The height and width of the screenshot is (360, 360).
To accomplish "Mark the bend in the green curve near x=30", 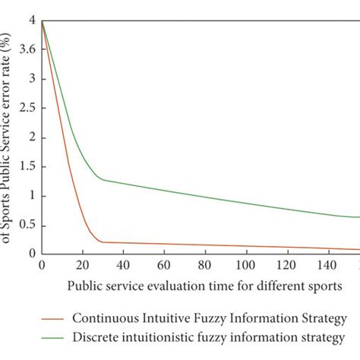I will pyautogui.click(x=101, y=180).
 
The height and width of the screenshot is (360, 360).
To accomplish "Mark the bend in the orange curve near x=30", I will pyautogui.click(x=101, y=242).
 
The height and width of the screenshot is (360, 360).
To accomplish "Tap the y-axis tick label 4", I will pyautogui.click(x=30, y=22).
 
